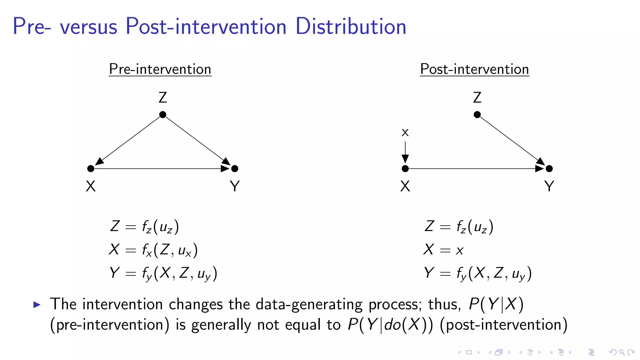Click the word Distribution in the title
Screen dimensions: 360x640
coord(351,26)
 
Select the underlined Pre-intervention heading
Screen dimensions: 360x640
coord(160,69)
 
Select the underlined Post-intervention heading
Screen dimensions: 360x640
coord(474,69)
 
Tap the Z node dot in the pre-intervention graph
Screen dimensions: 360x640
coord(163,115)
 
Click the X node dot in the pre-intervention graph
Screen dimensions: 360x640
coord(91,169)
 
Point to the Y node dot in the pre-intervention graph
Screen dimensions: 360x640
coord(235,169)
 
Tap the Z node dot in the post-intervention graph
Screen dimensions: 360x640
coord(477,115)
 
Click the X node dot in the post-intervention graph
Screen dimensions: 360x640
coord(405,169)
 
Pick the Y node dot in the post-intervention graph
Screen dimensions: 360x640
coord(549,169)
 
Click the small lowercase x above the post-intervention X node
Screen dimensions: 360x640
coord(405,133)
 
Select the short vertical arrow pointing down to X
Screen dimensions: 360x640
coord(405,152)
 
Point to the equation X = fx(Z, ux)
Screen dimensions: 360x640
coord(153,250)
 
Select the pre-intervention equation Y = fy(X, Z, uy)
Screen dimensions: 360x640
coord(163,273)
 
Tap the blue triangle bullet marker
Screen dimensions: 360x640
coord(37,304)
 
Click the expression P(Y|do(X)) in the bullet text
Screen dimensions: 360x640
coord(390,325)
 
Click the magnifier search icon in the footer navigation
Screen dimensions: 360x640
coord(622,352)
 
